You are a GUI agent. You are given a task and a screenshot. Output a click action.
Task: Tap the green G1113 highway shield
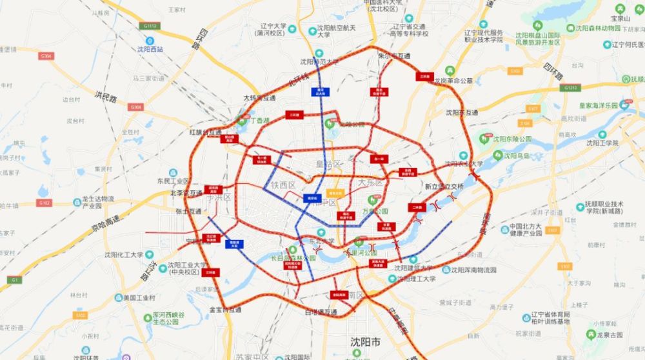150,26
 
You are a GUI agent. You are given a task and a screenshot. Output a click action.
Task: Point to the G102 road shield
44,203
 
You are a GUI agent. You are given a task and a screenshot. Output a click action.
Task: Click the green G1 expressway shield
13,280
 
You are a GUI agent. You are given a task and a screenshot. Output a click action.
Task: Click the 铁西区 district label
283,185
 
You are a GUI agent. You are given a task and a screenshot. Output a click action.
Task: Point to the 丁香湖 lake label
257,121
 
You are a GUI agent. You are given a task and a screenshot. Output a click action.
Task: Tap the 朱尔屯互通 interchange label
393,56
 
